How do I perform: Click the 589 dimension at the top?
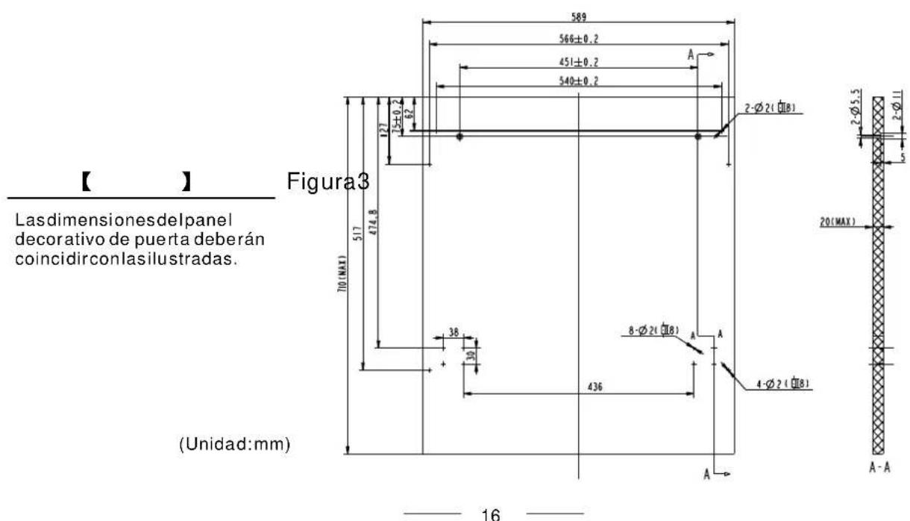coord(578,14)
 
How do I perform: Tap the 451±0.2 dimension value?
coord(578,61)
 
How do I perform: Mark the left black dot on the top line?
coord(460,137)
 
